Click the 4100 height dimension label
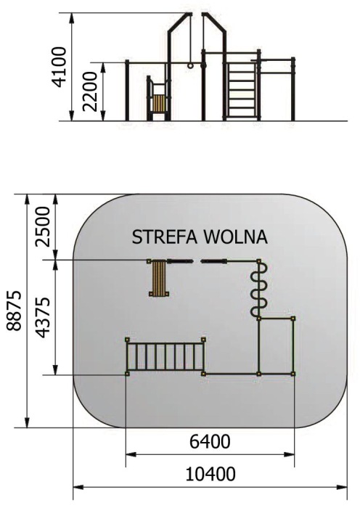pyautogui.click(x=60, y=67)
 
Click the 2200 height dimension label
pyautogui.click(x=90, y=91)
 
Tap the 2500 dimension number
pyautogui.click(x=43, y=226)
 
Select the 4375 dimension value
pyautogui.click(x=43, y=317)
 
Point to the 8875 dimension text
pyautogui.click(x=14, y=311)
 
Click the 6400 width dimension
pyautogui.click(x=210, y=441)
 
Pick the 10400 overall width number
pyautogui.click(x=210, y=475)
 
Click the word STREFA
pyautogui.click(x=164, y=237)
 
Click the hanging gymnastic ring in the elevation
pyautogui.click(x=190, y=65)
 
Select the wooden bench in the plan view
pyautogui.click(x=159, y=278)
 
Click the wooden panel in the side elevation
pyautogui.click(x=159, y=104)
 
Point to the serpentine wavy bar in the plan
pyautogui.click(x=259, y=290)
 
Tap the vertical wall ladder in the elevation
pyautogui.click(x=242, y=90)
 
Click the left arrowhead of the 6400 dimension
pyautogui.click(x=131, y=454)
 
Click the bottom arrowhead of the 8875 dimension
pyautogui.click(x=28, y=422)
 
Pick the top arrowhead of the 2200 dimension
pyautogui.click(x=103, y=67)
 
